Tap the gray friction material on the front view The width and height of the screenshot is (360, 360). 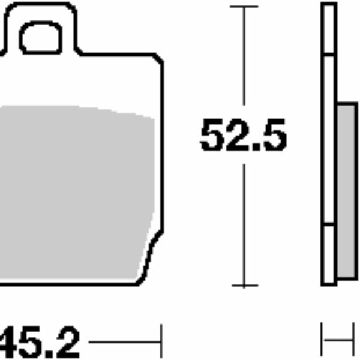point(72,192)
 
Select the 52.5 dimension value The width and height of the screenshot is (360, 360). point(244,137)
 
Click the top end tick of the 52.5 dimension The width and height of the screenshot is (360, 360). point(244,7)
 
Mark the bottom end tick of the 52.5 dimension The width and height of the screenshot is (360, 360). point(244,286)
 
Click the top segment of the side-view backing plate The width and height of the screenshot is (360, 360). point(329,30)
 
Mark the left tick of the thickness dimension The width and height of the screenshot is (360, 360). point(322,343)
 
